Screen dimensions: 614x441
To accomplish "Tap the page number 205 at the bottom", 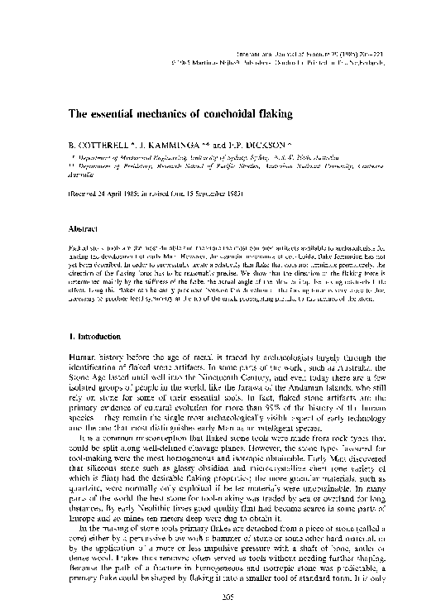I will [x=221, y=597].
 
